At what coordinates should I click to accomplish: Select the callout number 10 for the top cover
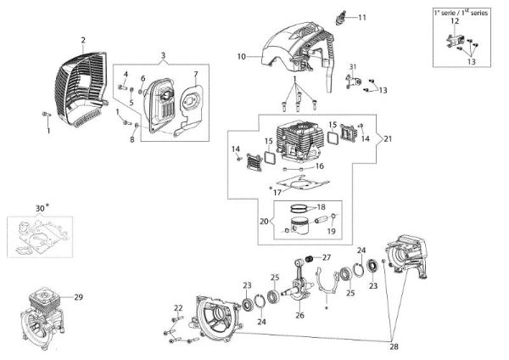click(x=242, y=56)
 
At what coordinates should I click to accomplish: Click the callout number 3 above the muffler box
click(x=162, y=55)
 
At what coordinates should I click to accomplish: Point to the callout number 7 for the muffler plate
click(x=196, y=75)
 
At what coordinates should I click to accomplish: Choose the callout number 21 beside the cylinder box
click(x=388, y=138)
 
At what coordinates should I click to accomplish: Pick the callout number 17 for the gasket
click(x=277, y=192)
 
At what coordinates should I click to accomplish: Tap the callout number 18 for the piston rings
click(x=321, y=206)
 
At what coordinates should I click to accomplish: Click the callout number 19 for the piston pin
click(x=331, y=230)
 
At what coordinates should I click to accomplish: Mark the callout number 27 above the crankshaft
click(x=327, y=257)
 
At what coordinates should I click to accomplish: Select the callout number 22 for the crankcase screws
click(x=178, y=307)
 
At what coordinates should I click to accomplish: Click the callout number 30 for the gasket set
click(x=39, y=207)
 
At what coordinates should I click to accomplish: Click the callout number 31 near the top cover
click(x=354, y=67)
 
